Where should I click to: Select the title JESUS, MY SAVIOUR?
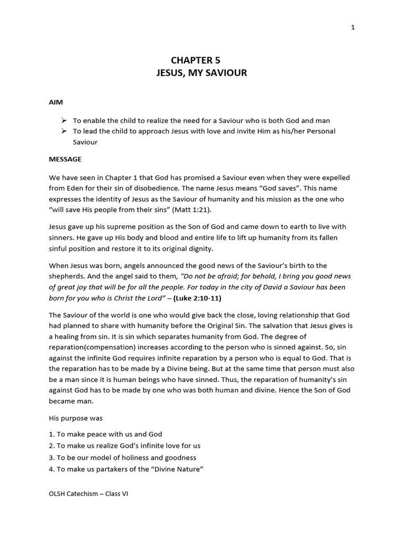coord(201,73)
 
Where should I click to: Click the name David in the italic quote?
coord(266,287)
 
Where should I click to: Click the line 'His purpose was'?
coord(76,418)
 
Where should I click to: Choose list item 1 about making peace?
coord(106,434)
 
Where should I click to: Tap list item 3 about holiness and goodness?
coord(123,457)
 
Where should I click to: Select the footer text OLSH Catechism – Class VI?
coord(88,494)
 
